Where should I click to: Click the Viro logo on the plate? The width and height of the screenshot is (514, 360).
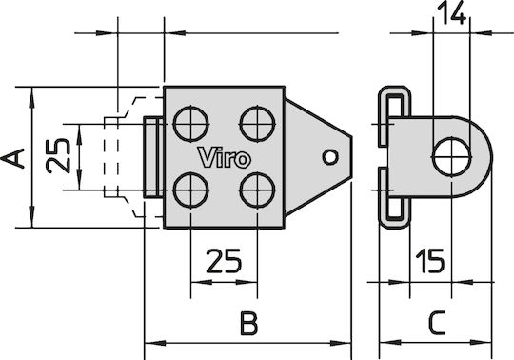(x=225, y=157)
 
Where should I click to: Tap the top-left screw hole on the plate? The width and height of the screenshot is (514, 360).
(x=190, y=124)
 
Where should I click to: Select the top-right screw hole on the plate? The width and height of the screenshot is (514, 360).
(x=257, y=124)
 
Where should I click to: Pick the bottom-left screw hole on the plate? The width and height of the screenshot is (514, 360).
(x=190, y=190)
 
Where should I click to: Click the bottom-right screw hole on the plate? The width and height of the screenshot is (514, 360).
(x=257, y=190)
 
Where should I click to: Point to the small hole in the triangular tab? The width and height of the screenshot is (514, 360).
(x=330, y=157)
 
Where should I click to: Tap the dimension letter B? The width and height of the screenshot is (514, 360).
(x=248, y=324)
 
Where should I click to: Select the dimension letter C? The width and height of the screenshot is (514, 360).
(x=436, y=323)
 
